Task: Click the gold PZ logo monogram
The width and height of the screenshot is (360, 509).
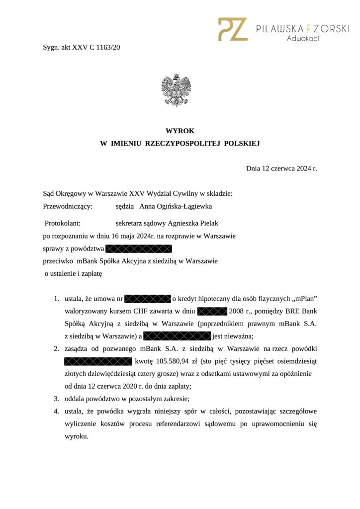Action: coord(233,29)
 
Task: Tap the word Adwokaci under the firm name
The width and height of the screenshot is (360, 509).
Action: coord(303,38)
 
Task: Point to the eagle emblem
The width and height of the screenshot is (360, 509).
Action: coord(176,90)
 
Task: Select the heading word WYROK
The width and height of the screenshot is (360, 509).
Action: coord(180,131)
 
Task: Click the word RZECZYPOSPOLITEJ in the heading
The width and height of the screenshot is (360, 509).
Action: coord(183,144)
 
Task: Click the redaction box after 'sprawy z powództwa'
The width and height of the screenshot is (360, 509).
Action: coord(139,248)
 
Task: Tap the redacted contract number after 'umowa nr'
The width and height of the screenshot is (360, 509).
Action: coord(148,299)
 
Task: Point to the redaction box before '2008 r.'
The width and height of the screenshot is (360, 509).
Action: coord(212,312)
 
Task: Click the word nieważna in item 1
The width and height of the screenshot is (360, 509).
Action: coord(239,336)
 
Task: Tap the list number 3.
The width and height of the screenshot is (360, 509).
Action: coord(56,399)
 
